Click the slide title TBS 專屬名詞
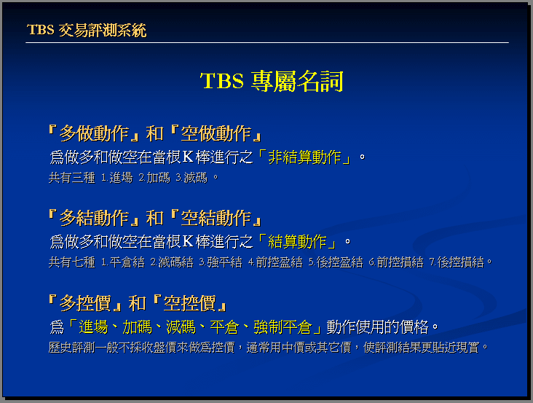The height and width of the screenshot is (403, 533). [x=272, y=81]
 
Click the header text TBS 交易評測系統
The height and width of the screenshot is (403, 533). [x=87, y=30]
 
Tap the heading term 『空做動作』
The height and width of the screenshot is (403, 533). [x=216, y=133]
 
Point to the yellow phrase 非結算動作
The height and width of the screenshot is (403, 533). [x=304, y=157]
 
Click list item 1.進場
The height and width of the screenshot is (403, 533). [x=117, y=178]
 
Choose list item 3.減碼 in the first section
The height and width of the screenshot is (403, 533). [x=192, y=178]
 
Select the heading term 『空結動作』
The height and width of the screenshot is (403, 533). [x=216, y=218]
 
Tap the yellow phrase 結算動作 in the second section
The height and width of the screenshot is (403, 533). [x=297, y=242]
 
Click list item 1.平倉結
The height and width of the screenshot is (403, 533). [x=123, y=262]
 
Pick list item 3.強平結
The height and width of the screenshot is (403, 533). [x=221, y=262]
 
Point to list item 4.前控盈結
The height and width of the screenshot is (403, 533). [x=275, y=262]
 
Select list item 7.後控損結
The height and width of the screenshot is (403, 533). [x=457, y=262]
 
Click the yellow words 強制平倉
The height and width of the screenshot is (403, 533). [x=283, y=327]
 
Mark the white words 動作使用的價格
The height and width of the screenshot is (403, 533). [x=377, y=327]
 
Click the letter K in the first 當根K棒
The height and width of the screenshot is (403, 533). [x=188, y=157]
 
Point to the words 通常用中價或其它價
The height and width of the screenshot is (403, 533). [x=299, y=348]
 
